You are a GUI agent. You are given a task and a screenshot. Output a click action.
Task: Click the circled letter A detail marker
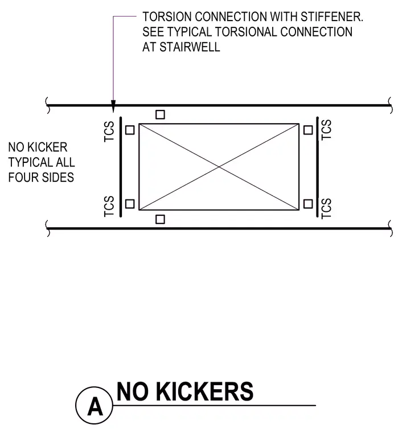(94, 405)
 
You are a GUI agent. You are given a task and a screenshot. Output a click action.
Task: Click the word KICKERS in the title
(205, 391)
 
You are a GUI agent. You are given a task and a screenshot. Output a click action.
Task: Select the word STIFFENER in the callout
(332, 17)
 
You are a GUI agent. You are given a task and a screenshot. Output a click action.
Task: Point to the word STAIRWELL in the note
(190, 47)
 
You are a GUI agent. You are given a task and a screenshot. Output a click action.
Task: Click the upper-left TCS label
(109, 132)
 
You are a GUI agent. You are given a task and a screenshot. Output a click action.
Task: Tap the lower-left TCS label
(109, 206)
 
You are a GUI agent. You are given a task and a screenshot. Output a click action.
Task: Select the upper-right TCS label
(326, 130)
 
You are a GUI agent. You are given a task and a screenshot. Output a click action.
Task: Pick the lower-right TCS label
(326, 209)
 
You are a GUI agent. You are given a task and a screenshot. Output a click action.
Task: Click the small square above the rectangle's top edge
(161, 115)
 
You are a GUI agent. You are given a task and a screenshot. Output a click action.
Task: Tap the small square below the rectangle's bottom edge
(161, 219)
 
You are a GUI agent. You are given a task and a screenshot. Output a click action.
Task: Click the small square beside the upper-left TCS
(130, 130)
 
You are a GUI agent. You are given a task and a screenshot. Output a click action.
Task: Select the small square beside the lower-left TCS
(130, 204)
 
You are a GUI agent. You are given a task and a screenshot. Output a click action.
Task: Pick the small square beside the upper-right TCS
(308, 130)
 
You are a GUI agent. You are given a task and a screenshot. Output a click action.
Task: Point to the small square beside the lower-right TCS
(308, 204)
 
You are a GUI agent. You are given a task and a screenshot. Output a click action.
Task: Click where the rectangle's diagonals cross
(219, 167)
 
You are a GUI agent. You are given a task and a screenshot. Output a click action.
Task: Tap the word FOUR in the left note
(21, 177)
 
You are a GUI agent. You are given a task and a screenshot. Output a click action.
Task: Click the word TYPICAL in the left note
(31, 162)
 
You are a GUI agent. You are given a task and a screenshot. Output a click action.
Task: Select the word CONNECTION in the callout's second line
(316, 32)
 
